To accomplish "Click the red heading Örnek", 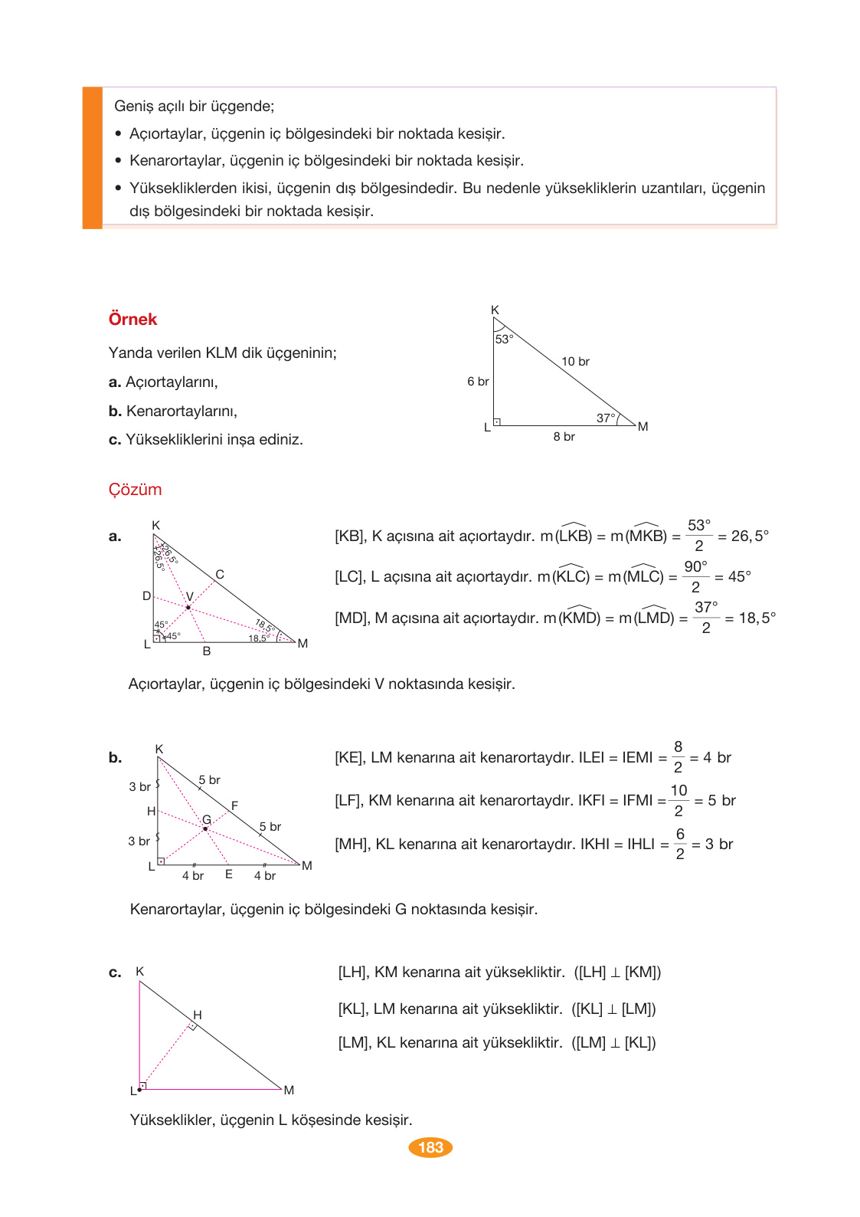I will pyautogui.click(x=132, y=320).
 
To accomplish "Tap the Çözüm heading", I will pyautogui.click(x=135, y=490).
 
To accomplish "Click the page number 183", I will pyautogui.click(x=430, y=1147).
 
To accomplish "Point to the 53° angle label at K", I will pyautogui.click(x=504, y=339).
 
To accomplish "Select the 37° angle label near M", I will pyautogui.click(x=605, y=418).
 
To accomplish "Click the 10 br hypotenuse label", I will pyautogui.click(x=575, y=361).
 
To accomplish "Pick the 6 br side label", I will pyautogui.click(x=478, y=381).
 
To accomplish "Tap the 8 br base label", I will pyautogui.click(x=564, y=436).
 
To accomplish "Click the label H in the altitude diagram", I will pyautogui.click(x=198, y=1015).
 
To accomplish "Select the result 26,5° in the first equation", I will pyautogui.click(x=749, y=536).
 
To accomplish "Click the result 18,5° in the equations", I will pyautogui.click(x=757, y=618).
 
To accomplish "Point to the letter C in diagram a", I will pyautogui.click(x=220, y=574).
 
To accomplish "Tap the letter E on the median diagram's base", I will pyautogui.click(x=228, y=874).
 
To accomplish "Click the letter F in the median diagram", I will pyautogui.click(x=234, y=805).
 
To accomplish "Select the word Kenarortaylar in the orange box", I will pyautogui.click(x=172, y=161).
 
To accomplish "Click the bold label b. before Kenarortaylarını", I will pyautogui.click(x=115, y=412).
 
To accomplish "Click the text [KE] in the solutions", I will pyautogui.click(x=349, y=758).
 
